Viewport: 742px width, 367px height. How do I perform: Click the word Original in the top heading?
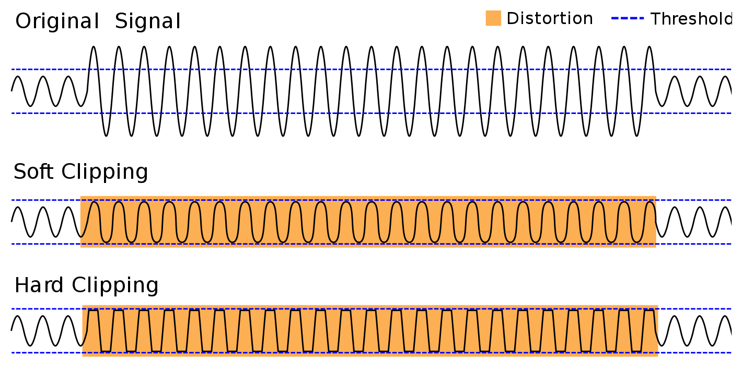[x=57, y=21]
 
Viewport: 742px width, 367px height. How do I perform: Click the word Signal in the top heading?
[x=148, y=21]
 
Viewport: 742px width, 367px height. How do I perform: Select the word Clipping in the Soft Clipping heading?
[x=105, y=173]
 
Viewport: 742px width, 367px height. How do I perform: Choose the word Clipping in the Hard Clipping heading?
[x=115, y=286]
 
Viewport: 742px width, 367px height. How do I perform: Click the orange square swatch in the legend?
[x=493, y=18]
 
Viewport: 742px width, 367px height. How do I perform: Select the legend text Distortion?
[x=550, y=19]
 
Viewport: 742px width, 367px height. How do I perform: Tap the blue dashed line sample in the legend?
[x=628, y=18]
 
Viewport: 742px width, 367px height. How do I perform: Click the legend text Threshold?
[x=692, y=19]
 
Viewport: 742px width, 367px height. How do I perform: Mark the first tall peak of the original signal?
[x=94, y=47]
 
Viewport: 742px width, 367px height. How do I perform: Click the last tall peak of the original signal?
[x=650, y=47]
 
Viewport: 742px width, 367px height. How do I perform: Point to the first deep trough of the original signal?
[x=106, y=135]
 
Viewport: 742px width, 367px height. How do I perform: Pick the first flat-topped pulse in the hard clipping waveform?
[x=94, y=311]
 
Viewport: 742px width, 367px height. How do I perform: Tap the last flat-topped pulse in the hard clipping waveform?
[x=649, y=311]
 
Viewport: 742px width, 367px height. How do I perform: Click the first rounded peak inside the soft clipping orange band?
[x=94, y=202]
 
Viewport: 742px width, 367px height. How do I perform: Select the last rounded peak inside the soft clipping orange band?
[x=650, y=202]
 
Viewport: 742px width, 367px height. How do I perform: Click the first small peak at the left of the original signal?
[x=18, y=77]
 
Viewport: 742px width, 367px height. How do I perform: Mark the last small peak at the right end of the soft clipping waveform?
[x=725, y=208]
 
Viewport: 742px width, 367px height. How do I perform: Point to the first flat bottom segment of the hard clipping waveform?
[x=106, y=351]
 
